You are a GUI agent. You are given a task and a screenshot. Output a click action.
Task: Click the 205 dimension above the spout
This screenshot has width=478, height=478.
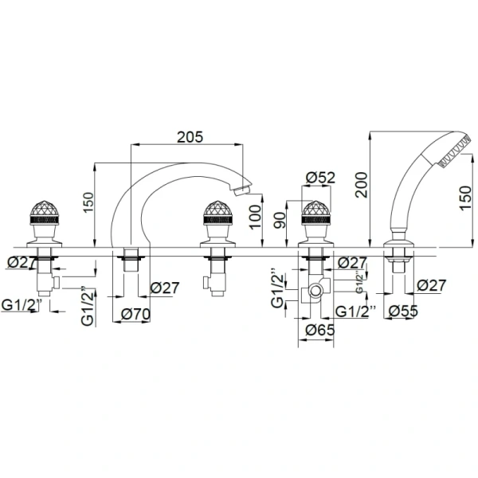pyautogui.click(x=190, y=137)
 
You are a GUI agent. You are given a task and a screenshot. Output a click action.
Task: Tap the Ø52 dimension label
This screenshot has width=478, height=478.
pyautogui.click(x=320, y=178)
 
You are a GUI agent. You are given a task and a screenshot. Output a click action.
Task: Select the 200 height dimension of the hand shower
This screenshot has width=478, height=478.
pyautogui.click(x=362, y=185)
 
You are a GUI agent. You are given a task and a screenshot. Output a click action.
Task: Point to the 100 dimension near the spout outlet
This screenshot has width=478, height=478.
pyautogui.click(x=255, y=217)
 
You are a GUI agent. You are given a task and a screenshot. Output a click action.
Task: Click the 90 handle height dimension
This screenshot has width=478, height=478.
pyautogui.click(x=280, y=220)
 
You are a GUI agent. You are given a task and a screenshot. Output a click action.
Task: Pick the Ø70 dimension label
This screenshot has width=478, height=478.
pyautogui.click(x=135, y=314)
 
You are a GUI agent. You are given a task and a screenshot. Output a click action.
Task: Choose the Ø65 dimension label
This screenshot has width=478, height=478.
pyautogui.click(x=320, y=330)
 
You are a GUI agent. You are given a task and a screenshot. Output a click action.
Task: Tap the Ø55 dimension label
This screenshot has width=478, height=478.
pyautogui.click(x=403, y=311)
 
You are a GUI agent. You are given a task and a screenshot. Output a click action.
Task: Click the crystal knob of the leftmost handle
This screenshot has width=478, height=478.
pyautogui.click(x=45, y=209)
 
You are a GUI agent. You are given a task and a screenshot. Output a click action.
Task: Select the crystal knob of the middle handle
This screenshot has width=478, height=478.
pyautogui.click(x=217, y=209)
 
